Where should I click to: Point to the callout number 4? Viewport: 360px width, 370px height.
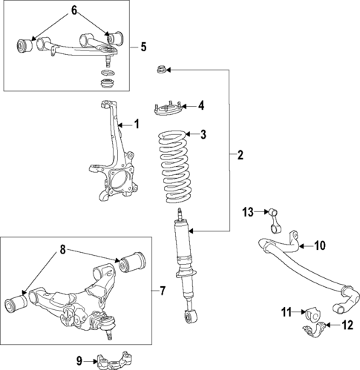pos(200,105)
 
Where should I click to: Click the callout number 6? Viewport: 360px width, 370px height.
pos(73,10)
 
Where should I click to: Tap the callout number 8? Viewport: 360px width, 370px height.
pos(62,251)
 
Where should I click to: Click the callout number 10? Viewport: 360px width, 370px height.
pos(319,245)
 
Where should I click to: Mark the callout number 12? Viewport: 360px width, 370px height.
pos(346,325)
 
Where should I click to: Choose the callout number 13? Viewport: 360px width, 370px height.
pos(248,213)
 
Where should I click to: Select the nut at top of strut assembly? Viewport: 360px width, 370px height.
pos(160,70)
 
